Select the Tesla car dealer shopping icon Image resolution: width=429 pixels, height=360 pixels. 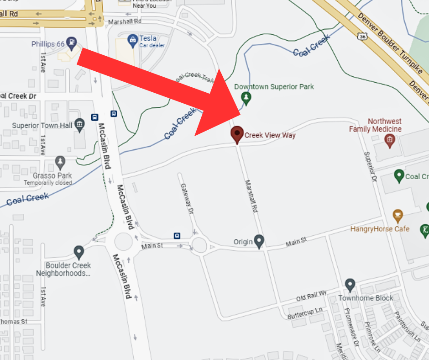(133, 40)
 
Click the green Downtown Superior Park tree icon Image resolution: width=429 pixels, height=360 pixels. (246, 97)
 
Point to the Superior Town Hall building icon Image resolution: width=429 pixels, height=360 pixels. (80, 124)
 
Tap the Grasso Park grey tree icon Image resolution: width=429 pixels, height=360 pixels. (60, 161)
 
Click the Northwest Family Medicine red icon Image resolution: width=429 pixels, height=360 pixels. (389, 141)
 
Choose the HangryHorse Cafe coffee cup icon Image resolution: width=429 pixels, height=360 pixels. (398, 215)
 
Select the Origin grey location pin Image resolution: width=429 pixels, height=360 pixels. (259, 240)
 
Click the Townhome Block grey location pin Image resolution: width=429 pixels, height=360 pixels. (350, 285)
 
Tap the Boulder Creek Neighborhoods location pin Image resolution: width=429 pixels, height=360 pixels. (78, 252)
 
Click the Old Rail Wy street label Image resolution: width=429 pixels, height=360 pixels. (312, 296)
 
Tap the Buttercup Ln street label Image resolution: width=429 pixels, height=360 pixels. (305, 313)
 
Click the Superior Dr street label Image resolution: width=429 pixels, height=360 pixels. (369, 166)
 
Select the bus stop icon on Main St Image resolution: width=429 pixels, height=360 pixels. (177, 236)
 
